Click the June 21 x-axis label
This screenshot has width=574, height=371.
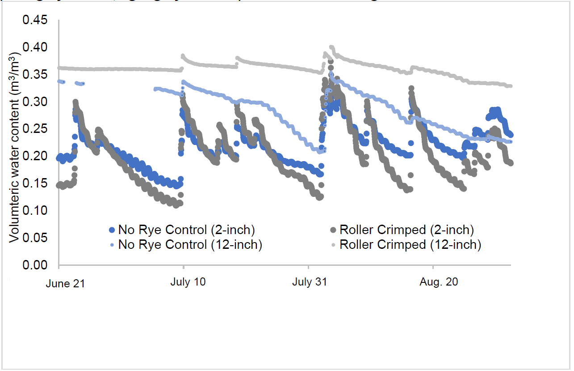point(65,284)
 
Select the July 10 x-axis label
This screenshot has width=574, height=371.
point(189,283)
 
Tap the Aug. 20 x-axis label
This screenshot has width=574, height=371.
point(435,283)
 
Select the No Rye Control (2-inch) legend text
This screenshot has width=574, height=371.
point(186,230)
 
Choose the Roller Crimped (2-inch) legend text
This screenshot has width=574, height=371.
point(406,230)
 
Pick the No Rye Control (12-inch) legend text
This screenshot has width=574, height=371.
point(190,245)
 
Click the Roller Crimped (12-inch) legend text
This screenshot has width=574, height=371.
point(410,245)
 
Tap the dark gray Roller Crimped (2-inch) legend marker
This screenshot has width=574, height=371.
point(333,230)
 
